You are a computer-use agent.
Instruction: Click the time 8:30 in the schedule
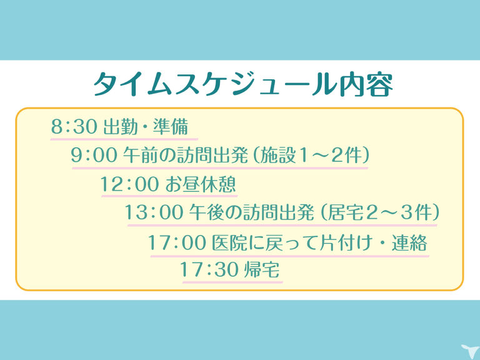point(74,127)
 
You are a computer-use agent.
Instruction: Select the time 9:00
point(94,155)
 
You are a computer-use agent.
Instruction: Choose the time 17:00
point(177,242)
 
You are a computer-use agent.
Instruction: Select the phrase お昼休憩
point(201,184)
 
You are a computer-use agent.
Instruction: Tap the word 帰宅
point(261,270)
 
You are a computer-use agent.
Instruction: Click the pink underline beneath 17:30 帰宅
point(232,282)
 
